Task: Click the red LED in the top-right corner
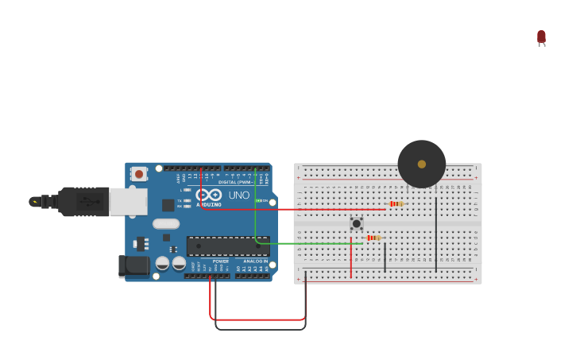coord(541,37)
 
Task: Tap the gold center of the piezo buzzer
coord(422,164)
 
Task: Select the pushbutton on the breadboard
coord(357,223)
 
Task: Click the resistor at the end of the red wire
coord(396,204)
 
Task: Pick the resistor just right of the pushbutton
coord(373,238)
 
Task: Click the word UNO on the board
coord(239,195)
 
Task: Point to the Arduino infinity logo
coord(208,195)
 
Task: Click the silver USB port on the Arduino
coord(127,202)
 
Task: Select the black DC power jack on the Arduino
coord(133,265)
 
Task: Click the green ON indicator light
coord(257,201)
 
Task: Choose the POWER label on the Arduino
coord(220,261)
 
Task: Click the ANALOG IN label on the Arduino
coord(255,261)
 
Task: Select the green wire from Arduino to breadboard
coord(310,243)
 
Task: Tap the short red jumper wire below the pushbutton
coord(351,258)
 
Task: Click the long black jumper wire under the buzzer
coord(435,234)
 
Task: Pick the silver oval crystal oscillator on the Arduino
coord(166,223)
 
